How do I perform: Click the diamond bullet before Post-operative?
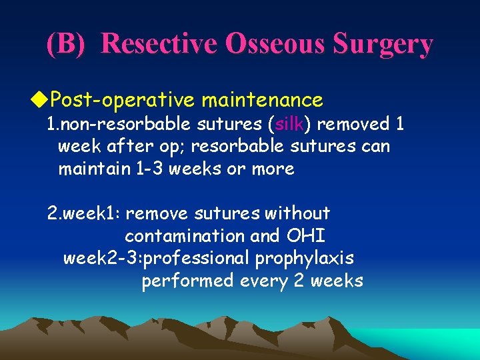pos(41,100)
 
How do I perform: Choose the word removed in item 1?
pos(347,125)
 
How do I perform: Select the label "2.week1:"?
pos(83,213)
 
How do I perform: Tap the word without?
pos(297,213)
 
